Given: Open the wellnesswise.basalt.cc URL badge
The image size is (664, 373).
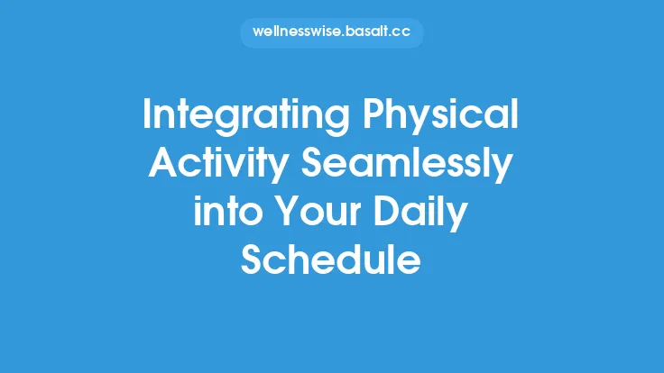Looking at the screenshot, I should click(x=331, y=33).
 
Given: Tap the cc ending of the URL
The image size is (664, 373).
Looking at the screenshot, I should click(x=401, y=33).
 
